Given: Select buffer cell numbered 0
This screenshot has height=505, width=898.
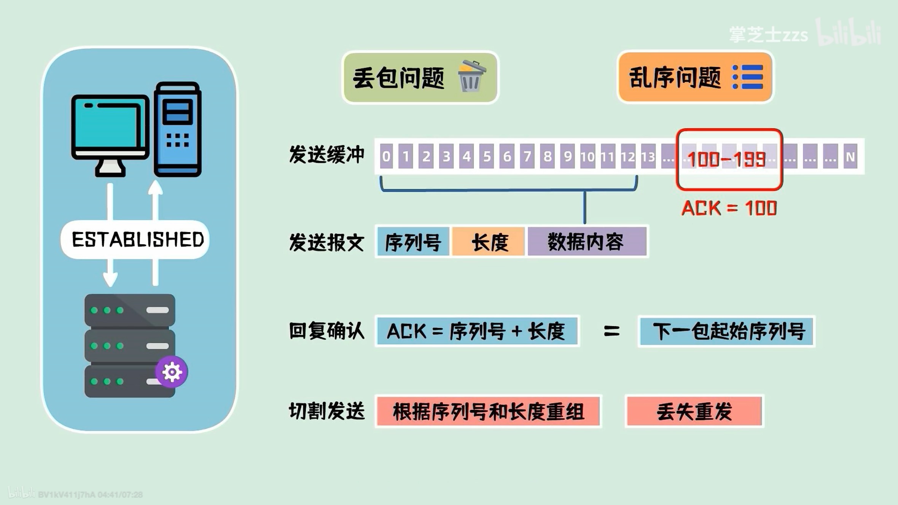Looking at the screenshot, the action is click(x=386, y=156).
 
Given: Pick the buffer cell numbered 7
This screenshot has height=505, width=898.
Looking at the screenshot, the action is click(x=527, y=156).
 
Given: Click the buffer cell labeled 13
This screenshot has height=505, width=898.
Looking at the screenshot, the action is click(x=648, y=156).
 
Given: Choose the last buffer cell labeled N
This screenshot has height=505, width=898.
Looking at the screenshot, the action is click(x=850, y=156).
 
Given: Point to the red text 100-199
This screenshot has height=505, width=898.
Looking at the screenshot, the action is click(x=726, y=159).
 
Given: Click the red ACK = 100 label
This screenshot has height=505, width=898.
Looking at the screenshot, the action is click(x=729, y=208).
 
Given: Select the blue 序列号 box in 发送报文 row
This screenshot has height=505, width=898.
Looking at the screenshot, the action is click(x=413, y=242).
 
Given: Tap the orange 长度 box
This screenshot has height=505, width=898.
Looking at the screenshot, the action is click(x=489, y=242).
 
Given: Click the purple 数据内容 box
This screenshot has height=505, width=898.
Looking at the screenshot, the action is click(x=586, y=242).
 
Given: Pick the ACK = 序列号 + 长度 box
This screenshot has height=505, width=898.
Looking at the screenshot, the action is click(x=477, y=331).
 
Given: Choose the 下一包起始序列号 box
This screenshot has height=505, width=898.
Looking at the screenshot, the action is click(x=726, y=331).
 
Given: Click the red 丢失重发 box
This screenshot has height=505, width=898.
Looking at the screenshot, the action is click(x=694, y=411).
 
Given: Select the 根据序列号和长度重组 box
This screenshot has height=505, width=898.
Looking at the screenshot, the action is click(x=488, y=411).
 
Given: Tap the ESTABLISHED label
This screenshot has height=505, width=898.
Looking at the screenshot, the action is click(x=137, y=240).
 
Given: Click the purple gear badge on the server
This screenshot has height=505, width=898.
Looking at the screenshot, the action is click(x=172, y=372).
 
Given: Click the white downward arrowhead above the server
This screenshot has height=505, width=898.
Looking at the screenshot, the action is click(x=110, y=279).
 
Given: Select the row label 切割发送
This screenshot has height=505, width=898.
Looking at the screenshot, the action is click(x=327, y=411).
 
